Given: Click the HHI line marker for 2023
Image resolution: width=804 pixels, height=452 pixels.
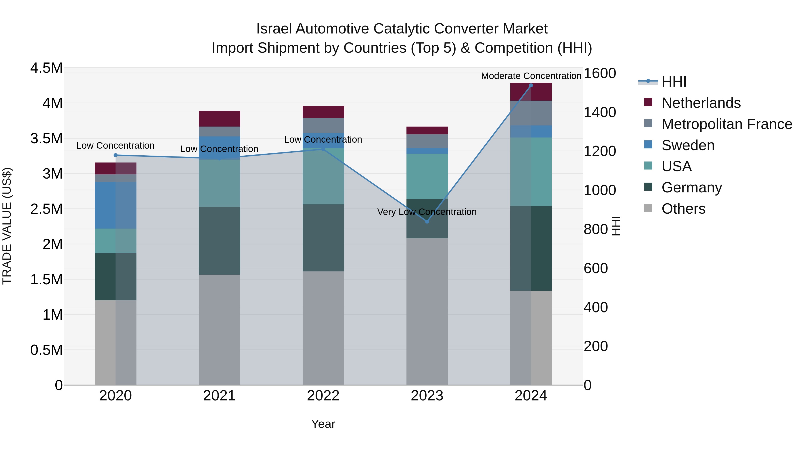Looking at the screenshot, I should click(x=427, y=221).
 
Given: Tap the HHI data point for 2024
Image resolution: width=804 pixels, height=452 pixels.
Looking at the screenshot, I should click(x=531, y=85).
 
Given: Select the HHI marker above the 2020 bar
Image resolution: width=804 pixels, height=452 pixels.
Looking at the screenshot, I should click(x=115, y=155).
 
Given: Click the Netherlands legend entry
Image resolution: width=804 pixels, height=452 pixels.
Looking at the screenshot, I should click(x=701, y=103).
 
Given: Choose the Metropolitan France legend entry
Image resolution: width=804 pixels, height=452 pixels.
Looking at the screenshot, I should click(x=727, y=124).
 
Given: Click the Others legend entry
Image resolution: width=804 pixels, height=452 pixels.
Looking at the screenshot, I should click(x=683, y=208).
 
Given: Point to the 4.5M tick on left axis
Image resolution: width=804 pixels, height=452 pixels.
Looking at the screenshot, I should click(x=46, y=68).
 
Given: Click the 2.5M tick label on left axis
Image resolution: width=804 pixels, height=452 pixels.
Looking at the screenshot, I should click(x=46, y=209).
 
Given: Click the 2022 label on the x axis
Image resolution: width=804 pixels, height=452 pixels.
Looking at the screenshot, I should click(x=323, y=396).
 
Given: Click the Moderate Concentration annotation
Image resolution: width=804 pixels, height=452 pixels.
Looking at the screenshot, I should click(x=531, y=76).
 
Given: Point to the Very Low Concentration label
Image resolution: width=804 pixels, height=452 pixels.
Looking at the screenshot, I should click(x=427, y=212).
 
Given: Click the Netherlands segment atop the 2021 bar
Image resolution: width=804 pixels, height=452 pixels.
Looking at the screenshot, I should click(x=219, y=119).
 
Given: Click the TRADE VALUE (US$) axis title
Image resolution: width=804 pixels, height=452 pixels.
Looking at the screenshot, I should click(x=7, y=226).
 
